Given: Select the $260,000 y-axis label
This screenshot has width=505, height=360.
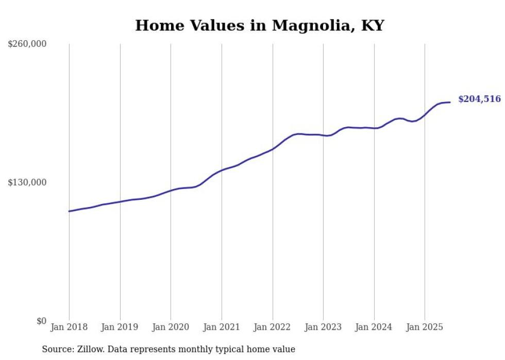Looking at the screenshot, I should pyautogui.click(x=27, y=44).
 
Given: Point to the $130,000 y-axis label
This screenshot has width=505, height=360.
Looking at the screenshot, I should pyautogui.click(x=27, y=182).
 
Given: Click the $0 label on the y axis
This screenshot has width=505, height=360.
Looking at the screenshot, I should pyautogui.click(x=41, y=321).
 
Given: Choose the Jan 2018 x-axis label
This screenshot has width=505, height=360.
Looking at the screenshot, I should pyautogui.click(x=69, y=327).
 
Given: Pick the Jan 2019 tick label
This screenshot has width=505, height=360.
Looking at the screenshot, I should pyautogui.click(x=120, y=327).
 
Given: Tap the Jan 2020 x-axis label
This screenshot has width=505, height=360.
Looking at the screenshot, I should pyautogui.click(x=171, y=327).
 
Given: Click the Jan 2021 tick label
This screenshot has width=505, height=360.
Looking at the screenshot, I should pyautogui.click(x=222, y=327).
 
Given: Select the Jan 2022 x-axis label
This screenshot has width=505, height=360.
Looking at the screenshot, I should pyautogui.click(x=272, y=327).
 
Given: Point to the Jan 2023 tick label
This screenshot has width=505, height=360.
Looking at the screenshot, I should pyautogui.click(x=323, y=327).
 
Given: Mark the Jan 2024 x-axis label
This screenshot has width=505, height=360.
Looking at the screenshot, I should pyautogui.click(x=374, y=327).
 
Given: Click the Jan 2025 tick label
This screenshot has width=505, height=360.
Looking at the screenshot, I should pyautogui.click(x=425, y=327).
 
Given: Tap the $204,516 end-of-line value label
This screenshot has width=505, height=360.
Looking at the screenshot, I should pyautogui.click(x=479, y=99).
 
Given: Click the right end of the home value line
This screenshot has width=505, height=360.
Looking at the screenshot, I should pyautogui.click(x=450, y=102).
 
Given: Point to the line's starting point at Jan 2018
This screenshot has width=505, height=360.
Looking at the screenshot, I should pyautogui.click(x=69, y=211).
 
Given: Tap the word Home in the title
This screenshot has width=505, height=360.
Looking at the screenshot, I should pyautogui.click(x=155, y=25).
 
